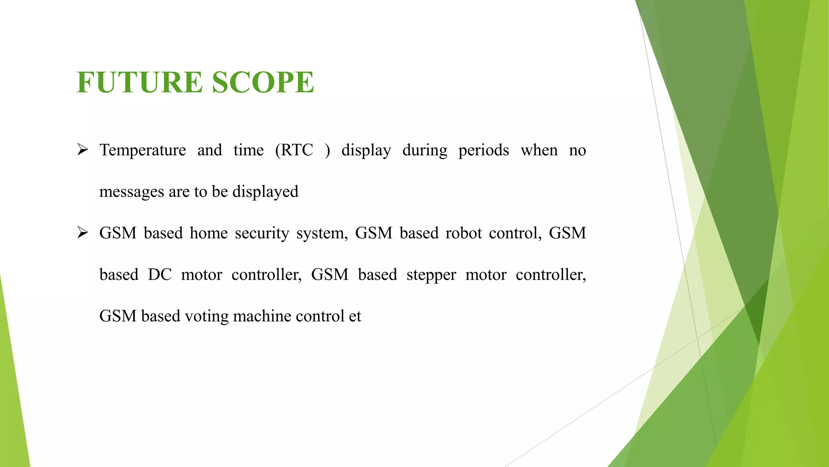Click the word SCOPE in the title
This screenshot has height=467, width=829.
pyautogui.click(x=263, y=82)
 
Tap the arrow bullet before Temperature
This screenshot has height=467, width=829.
pyautogui.click(x=83, y=150)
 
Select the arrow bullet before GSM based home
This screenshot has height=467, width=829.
pyautogui.click(x=83, y=233)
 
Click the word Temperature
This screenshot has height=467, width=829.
pyautogui.click(x=142, y=150)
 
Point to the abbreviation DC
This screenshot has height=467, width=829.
pyautogui.click(x=159, y=275)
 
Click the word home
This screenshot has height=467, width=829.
pyautogui.click(x=209, y=233)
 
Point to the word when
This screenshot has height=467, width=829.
pyautogui.click(x=539, y=150)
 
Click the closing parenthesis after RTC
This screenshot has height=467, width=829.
pyautogui.click(x=327, y=150)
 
